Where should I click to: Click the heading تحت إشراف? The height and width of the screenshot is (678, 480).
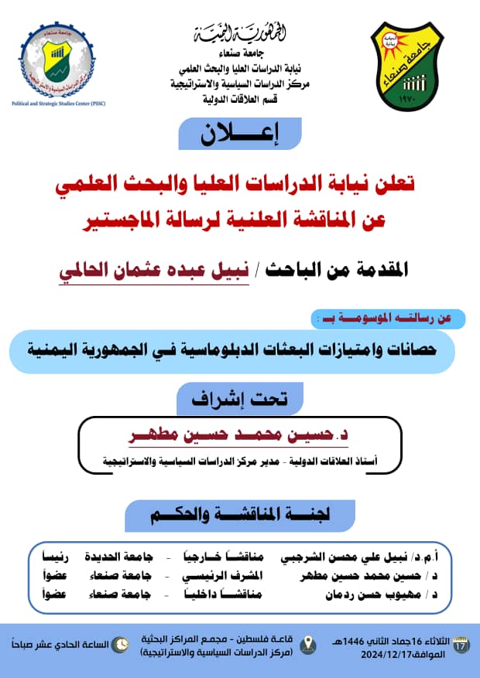pyautogui.click(x=239, y=399)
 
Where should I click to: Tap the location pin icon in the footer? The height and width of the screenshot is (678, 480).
pyautogui.click(x=308, y=643)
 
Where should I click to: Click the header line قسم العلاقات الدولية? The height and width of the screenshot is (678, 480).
pyautogui.click(x=241, y=100)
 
